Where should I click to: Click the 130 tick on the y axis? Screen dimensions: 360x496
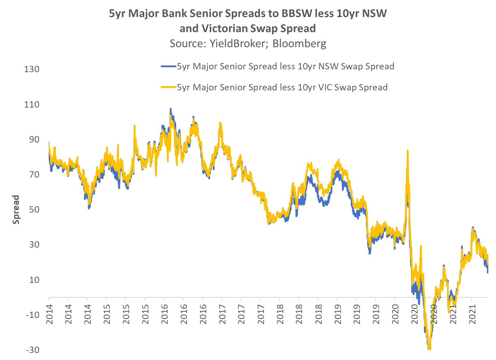click(32, 69)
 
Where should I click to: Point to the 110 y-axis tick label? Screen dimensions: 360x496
click(32, 104)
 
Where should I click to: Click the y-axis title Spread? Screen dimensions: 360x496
click(16, 210)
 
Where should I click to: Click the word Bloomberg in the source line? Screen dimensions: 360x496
click(299, 43)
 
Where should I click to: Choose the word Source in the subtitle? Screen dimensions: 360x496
click(186, 43)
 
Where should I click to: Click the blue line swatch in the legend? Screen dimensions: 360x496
click(168, 67)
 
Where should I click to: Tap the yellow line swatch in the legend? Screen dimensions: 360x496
click(168, 88)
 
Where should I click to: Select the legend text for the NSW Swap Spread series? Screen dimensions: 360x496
click(285, 67)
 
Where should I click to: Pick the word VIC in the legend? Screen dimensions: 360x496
click(324, 88)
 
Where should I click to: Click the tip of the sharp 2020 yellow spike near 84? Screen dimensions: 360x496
click(407, 151)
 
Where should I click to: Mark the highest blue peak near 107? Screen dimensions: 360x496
click(170, 109)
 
